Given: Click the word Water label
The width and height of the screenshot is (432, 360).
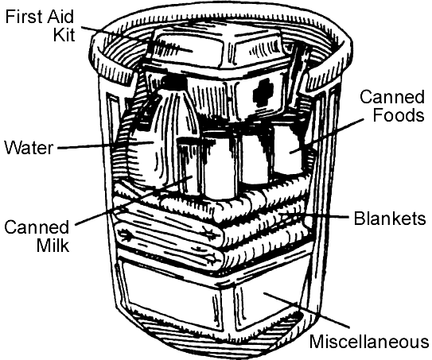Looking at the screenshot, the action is tap(29, 148).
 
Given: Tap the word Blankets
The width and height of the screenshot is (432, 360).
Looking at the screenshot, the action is tap(390, 218).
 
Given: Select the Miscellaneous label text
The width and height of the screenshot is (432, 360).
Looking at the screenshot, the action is tap(368, 342).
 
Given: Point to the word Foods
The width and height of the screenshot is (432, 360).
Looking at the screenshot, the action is tap(399, 114).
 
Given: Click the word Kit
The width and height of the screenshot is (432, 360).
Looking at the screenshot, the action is tap(64, 34).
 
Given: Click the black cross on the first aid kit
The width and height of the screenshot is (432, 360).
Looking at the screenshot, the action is tap(263, 90).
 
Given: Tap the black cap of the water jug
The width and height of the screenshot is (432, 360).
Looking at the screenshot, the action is tap(173, 83).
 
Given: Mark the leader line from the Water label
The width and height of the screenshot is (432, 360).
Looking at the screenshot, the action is tap(106, 145).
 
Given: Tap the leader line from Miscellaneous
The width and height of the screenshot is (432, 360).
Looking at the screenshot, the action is tap(306, 310).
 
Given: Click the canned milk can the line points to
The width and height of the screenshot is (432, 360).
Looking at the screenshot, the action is tap(189, 166).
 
